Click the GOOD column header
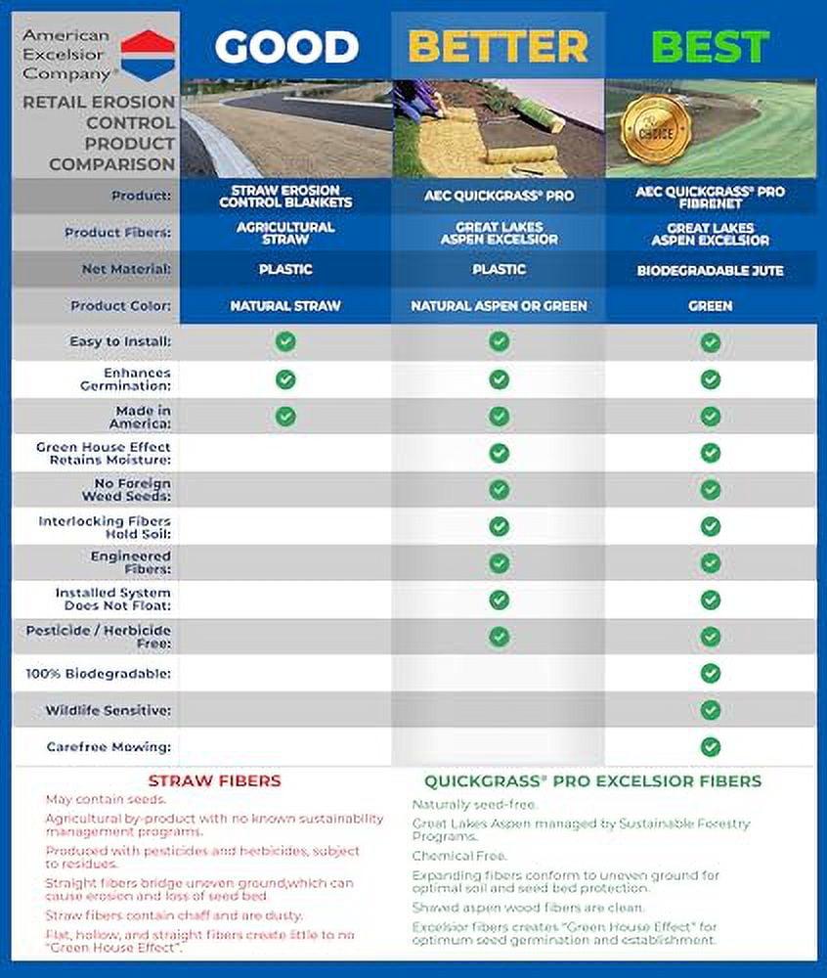click(x=285, y=46)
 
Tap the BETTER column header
click(x=499, y=46)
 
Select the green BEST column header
click(x=710, y=46)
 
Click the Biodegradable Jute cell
click(x=710, y=269)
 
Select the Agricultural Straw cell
click(x=285, y=233)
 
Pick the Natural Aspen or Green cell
click(x=499, y=306)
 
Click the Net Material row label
click(x=127, y=268)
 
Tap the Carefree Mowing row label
click(x=109, y=746)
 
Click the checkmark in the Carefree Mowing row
click(x=711, y=746)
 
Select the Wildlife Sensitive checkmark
click(x=711, y=710)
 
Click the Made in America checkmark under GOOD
click(x=285, y=416)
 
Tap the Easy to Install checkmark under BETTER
click(x=500, y=341)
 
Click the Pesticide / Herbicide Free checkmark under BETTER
click(x=500, y=637)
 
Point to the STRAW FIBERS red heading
click(x=214, y=780)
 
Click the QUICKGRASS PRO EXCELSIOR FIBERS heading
click(x=592, y=780)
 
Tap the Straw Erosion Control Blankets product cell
click(x=285, y=196)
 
